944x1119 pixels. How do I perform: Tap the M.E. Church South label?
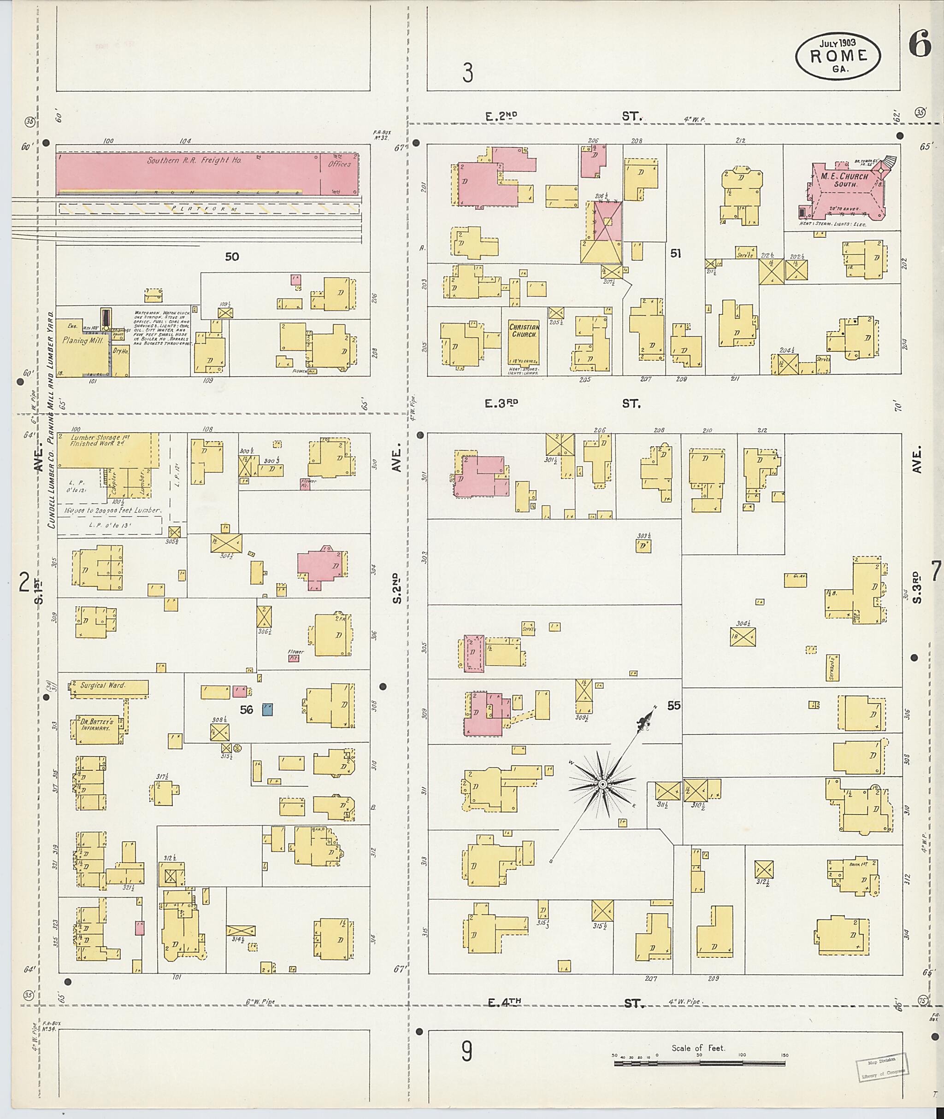841,180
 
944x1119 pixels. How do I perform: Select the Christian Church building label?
524,331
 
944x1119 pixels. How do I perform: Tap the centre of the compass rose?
602,784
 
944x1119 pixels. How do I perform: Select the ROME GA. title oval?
838,58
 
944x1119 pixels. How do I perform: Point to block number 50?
232,257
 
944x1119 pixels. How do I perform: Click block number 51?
675,253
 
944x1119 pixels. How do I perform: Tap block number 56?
246,710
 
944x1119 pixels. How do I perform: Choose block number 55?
674,705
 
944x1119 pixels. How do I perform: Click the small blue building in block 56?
267,709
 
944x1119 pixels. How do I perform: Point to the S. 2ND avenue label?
396,589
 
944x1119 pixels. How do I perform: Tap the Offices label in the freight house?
339,164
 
